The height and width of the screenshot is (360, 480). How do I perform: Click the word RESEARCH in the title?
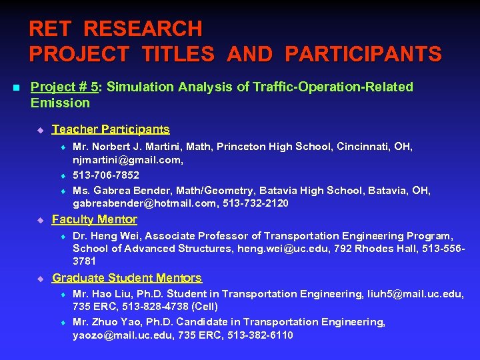(143, 29)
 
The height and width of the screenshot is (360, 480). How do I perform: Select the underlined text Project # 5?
(65, 87)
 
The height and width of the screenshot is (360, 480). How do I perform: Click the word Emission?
(60, 103)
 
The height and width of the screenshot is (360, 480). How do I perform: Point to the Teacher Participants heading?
(111, 129)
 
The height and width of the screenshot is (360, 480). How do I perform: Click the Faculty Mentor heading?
(95, 219)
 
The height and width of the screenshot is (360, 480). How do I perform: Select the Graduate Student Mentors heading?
(127, 278)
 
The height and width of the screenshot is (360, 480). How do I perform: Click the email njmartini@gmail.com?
(127, 160)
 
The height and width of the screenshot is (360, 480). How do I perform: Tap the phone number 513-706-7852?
(106, 175)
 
